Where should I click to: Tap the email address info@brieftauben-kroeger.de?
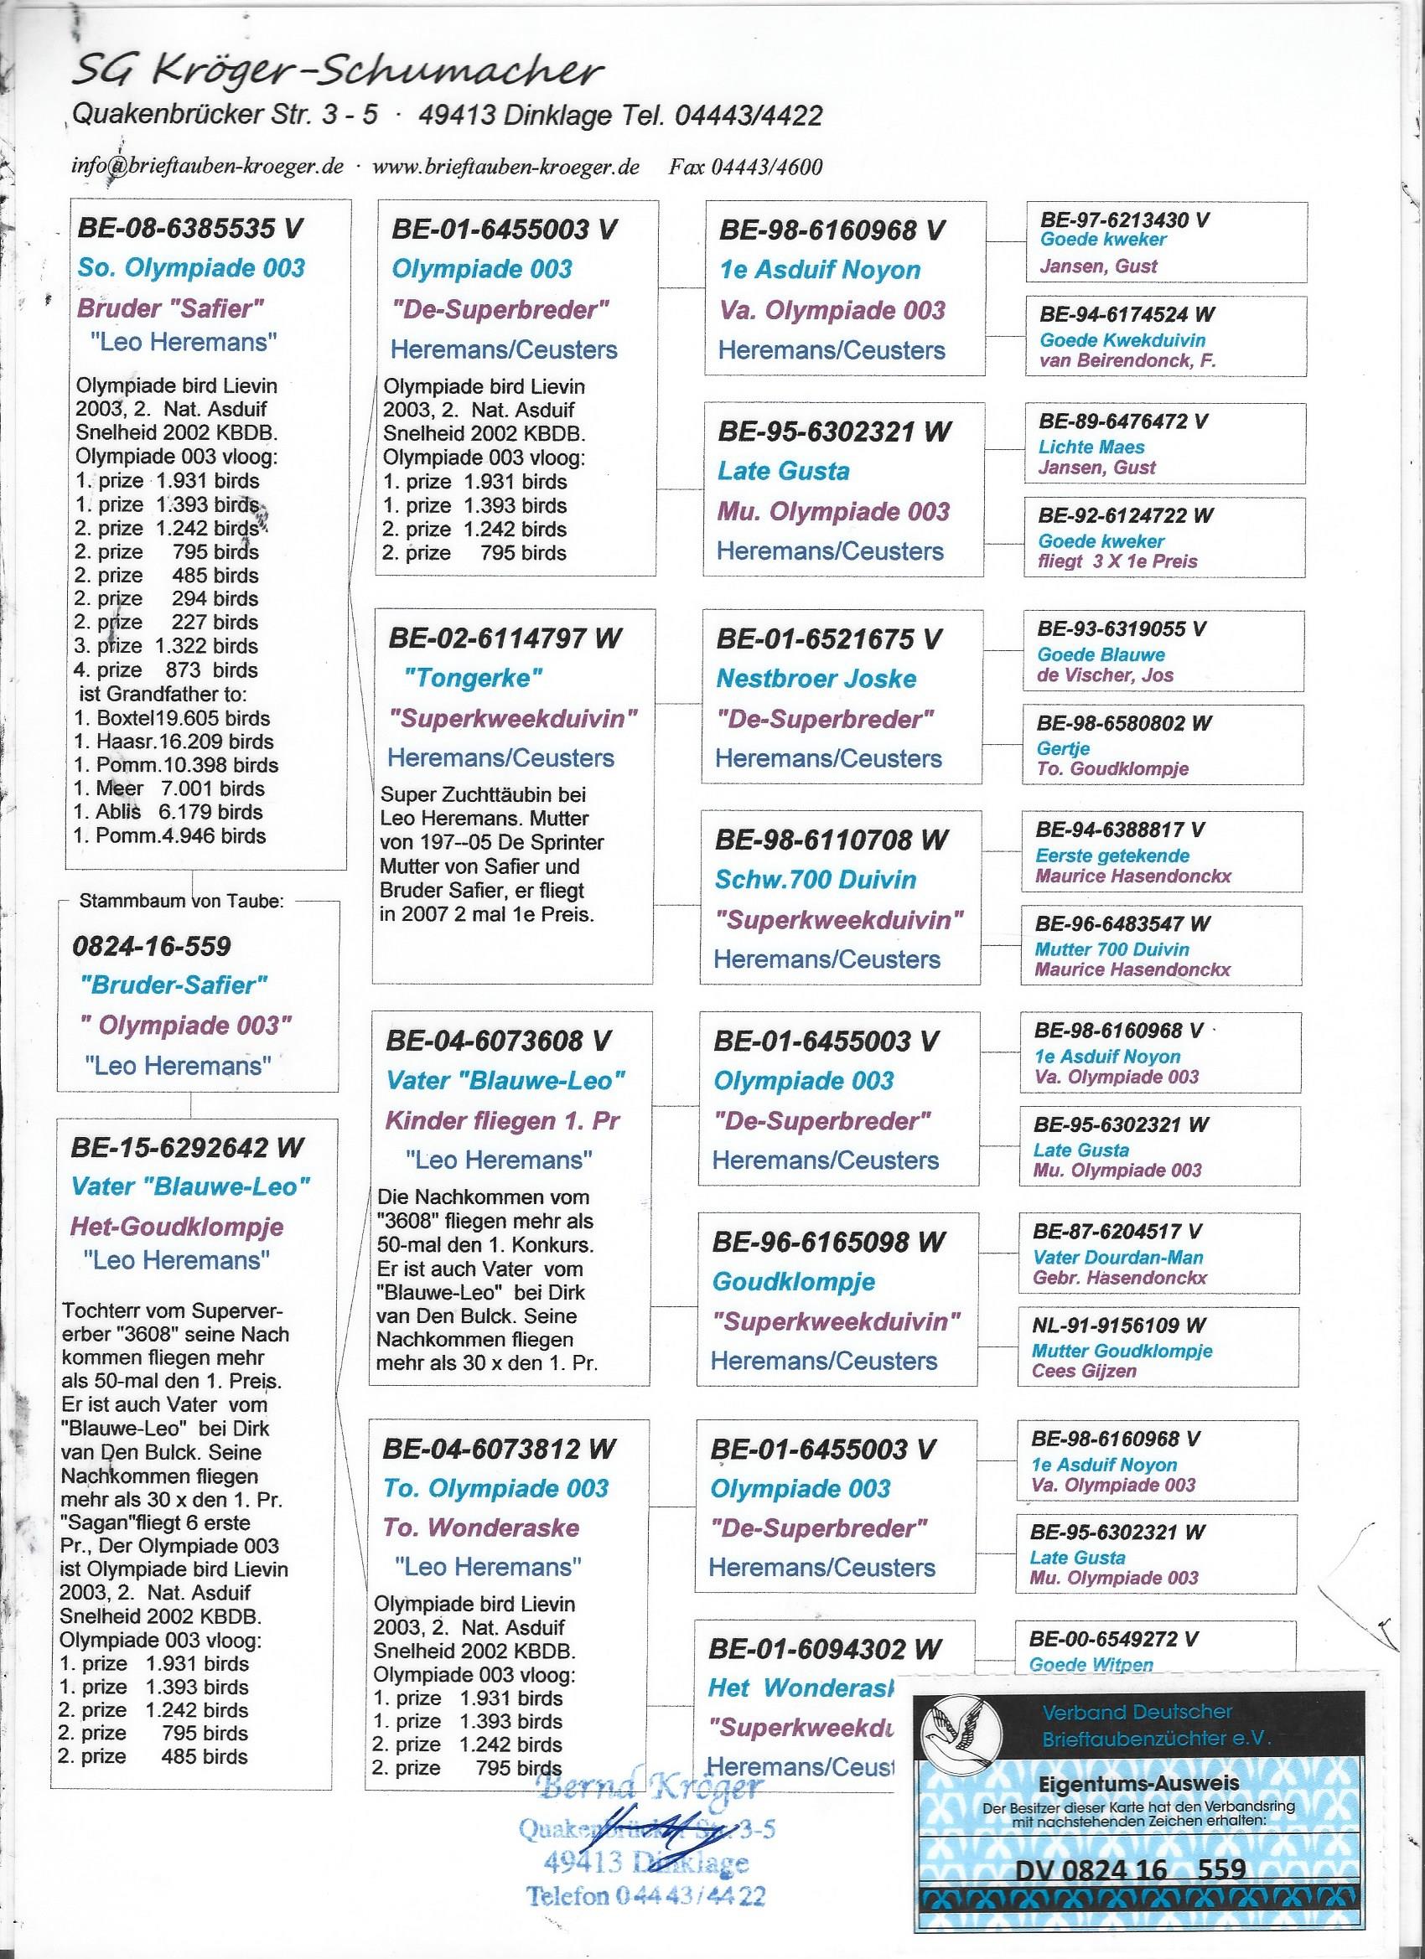click(207, 167)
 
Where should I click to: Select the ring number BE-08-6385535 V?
click(191, 229)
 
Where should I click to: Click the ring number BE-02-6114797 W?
click(505, 638)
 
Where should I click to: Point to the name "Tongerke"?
click(473, 678)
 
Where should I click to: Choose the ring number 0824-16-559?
click(152, 946)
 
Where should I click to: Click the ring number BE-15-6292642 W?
click(187, 1147)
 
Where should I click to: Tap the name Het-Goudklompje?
click(177, 1226)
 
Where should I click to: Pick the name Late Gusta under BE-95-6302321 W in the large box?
click(783, 471)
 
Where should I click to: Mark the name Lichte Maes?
click(1091, 447)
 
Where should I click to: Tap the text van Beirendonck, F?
click(1127, 360)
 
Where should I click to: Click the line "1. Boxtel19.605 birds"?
click(172, 718)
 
